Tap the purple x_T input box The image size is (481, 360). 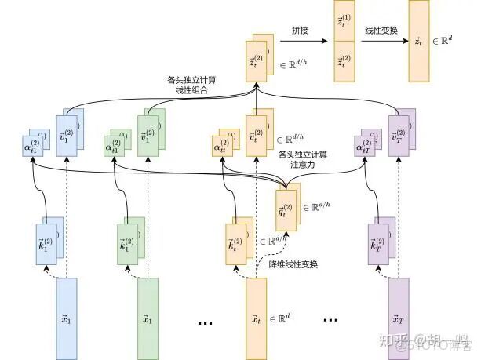tap(399, 318)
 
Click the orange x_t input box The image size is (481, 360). tap(257, 318)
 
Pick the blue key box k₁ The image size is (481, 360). tap(53, 237)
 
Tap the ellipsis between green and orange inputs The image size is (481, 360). tap(206, 321)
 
